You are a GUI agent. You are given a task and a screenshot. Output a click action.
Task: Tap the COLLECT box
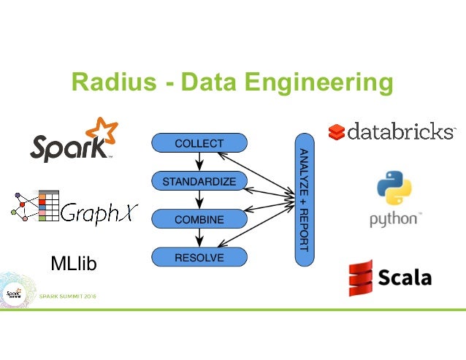(199, 144)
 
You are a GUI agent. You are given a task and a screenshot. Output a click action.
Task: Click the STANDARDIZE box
(199, 181)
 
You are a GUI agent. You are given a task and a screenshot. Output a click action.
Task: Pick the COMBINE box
(199, 219)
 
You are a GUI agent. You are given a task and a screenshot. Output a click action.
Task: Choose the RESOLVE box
(199, 257)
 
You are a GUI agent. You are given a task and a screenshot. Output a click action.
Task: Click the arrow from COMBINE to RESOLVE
(199, 238)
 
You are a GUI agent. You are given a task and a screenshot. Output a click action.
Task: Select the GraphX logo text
(99, 211)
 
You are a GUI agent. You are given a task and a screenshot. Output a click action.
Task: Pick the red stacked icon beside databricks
(336, 132)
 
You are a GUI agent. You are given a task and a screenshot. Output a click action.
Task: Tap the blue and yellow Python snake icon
(394, 188)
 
